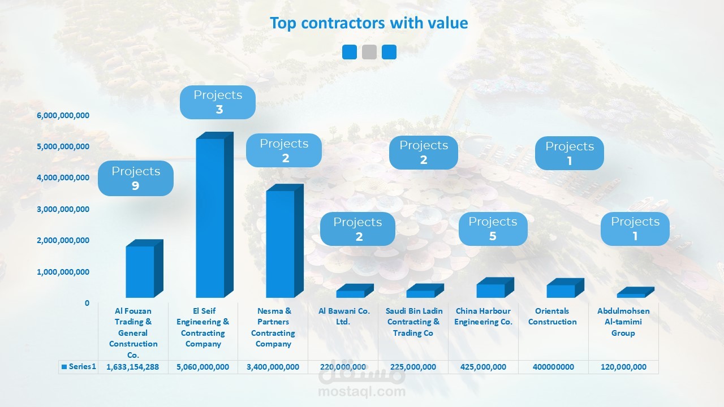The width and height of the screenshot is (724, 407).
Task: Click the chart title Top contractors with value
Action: click(x=369, y=23)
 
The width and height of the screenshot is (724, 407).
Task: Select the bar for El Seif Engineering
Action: click(x=210, y=218)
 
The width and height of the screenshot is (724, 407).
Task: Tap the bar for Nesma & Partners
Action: click(x=281, y=244)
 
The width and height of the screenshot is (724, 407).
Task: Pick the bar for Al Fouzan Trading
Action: click(x=140, y=271)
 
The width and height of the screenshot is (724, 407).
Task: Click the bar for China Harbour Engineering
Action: click(x=490, y=290)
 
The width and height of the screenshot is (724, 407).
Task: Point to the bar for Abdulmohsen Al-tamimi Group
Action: click(x=631, y=295)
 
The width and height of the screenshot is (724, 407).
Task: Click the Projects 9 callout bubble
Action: click(x=136, y=178)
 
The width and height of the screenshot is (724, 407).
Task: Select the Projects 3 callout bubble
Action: click(x=218, y=102)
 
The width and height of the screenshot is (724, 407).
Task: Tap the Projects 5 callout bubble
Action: click(x=493, y=229)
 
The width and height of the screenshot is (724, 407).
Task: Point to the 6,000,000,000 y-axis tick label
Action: click(x=63, y=115)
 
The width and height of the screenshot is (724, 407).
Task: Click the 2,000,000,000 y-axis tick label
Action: click(x=63, y=240)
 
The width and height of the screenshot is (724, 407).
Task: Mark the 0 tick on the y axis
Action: click(x=87, y=303)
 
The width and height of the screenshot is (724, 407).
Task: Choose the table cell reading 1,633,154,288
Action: click(x=133, y=367)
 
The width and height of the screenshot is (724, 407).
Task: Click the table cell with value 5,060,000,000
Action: click(x=203, y=367)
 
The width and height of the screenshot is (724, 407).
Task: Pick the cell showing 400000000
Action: click(x=553, y=367)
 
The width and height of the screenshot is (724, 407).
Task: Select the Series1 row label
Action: click(x=79, y=367)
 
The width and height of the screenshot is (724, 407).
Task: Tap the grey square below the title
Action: click(x=369, y=52)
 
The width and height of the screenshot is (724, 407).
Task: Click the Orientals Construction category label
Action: click(x=553, y=317)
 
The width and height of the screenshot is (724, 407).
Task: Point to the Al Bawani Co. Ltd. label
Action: click(x=344, y=317)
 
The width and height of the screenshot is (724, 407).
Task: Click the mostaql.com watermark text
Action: click(x=361, y=391)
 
